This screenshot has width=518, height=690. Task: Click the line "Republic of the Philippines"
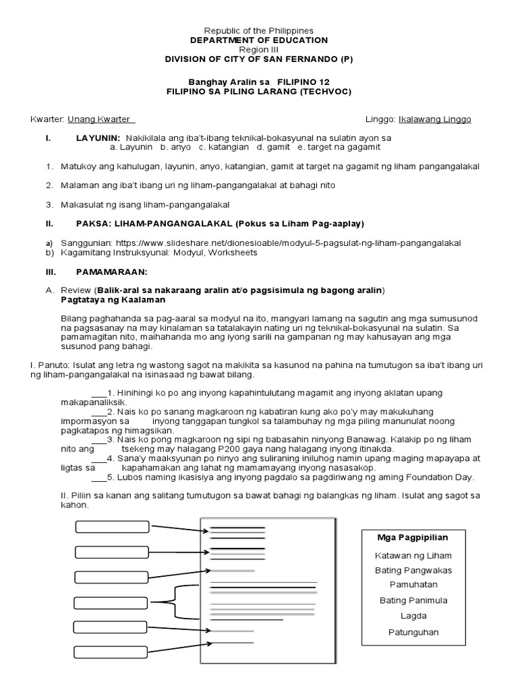(x=259, y=31)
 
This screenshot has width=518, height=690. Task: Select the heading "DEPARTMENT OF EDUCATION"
(x=259, y=40)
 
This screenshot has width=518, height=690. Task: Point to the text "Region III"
(x=259, y=50)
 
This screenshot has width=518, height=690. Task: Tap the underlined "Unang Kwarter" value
(x=101, y=119)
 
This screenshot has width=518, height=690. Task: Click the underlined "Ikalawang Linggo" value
(x=435, y=119)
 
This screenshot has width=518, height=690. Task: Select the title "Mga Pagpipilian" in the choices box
(x=412, y=537)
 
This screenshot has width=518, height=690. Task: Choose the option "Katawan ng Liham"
(x=412, y=555)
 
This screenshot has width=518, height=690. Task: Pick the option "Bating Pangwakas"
(x=412, y=570)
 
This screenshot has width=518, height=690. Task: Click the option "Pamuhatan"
(x=412, y=585)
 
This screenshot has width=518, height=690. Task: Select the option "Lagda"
(x=412, y=615)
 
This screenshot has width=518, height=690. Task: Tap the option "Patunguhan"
(x=412, y=631)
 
